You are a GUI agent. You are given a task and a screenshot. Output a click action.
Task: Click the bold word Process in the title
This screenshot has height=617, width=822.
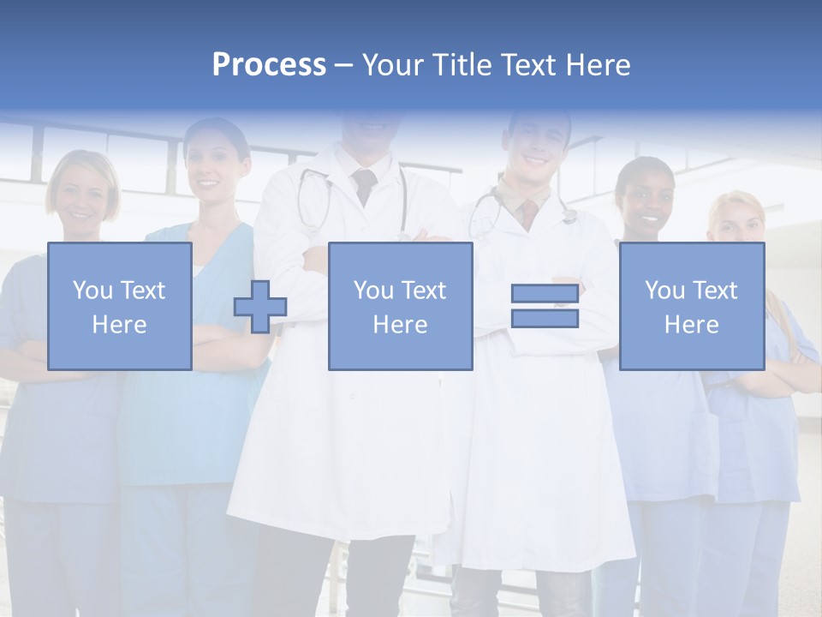coord(269,65)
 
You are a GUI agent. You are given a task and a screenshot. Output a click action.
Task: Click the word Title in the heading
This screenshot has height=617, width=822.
coord(460,65)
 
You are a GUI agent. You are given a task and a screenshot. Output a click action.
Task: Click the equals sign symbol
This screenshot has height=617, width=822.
coord(545,306)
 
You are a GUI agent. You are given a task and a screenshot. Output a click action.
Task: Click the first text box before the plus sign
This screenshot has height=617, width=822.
coord(119,306)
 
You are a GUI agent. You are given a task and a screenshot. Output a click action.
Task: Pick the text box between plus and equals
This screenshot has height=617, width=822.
coord(400,306)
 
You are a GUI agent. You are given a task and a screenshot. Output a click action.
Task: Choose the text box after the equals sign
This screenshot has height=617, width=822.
coord(691,306)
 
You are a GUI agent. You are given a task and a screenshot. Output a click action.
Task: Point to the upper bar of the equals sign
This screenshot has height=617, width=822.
coord(545,294)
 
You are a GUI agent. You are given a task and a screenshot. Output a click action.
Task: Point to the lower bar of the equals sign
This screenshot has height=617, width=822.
coord(545,318)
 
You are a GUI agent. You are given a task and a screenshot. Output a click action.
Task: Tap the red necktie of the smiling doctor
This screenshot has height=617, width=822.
coord(530,211)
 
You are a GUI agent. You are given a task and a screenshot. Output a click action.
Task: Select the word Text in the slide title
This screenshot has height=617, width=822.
coord(524,65)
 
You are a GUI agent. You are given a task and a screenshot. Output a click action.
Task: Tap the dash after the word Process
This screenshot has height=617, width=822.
coord(344,65)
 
